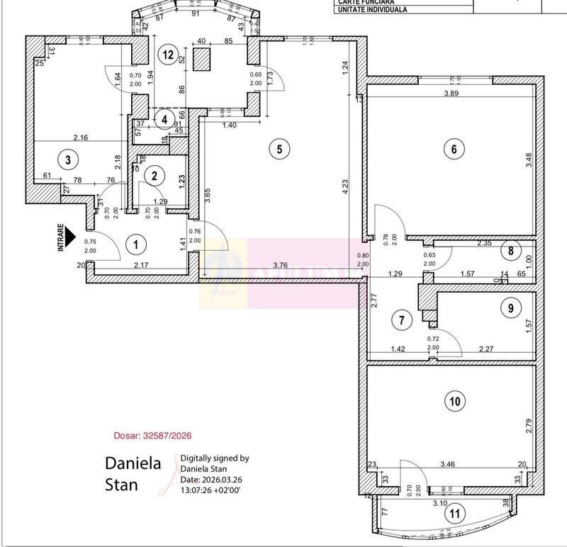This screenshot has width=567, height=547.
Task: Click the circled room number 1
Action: coord(135,245)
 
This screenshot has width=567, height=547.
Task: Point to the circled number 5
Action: coord(279,149)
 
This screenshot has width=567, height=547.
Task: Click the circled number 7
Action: coord(402,320)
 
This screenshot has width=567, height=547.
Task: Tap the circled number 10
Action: coord(455,402)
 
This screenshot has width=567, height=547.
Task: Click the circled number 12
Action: coord(167,54)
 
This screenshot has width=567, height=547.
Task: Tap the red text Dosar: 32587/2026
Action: coord(153,436)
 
